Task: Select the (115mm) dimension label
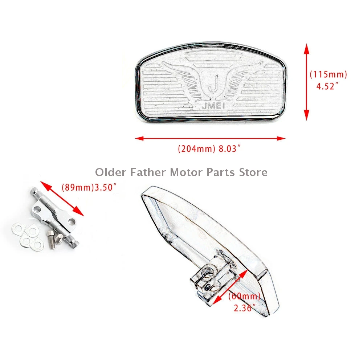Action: click(328, 74)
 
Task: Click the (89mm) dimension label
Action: click(77, 188)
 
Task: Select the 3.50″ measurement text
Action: click(106, 188)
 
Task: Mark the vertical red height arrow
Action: click(306, 82)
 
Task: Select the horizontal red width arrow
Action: click(210, 138)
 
